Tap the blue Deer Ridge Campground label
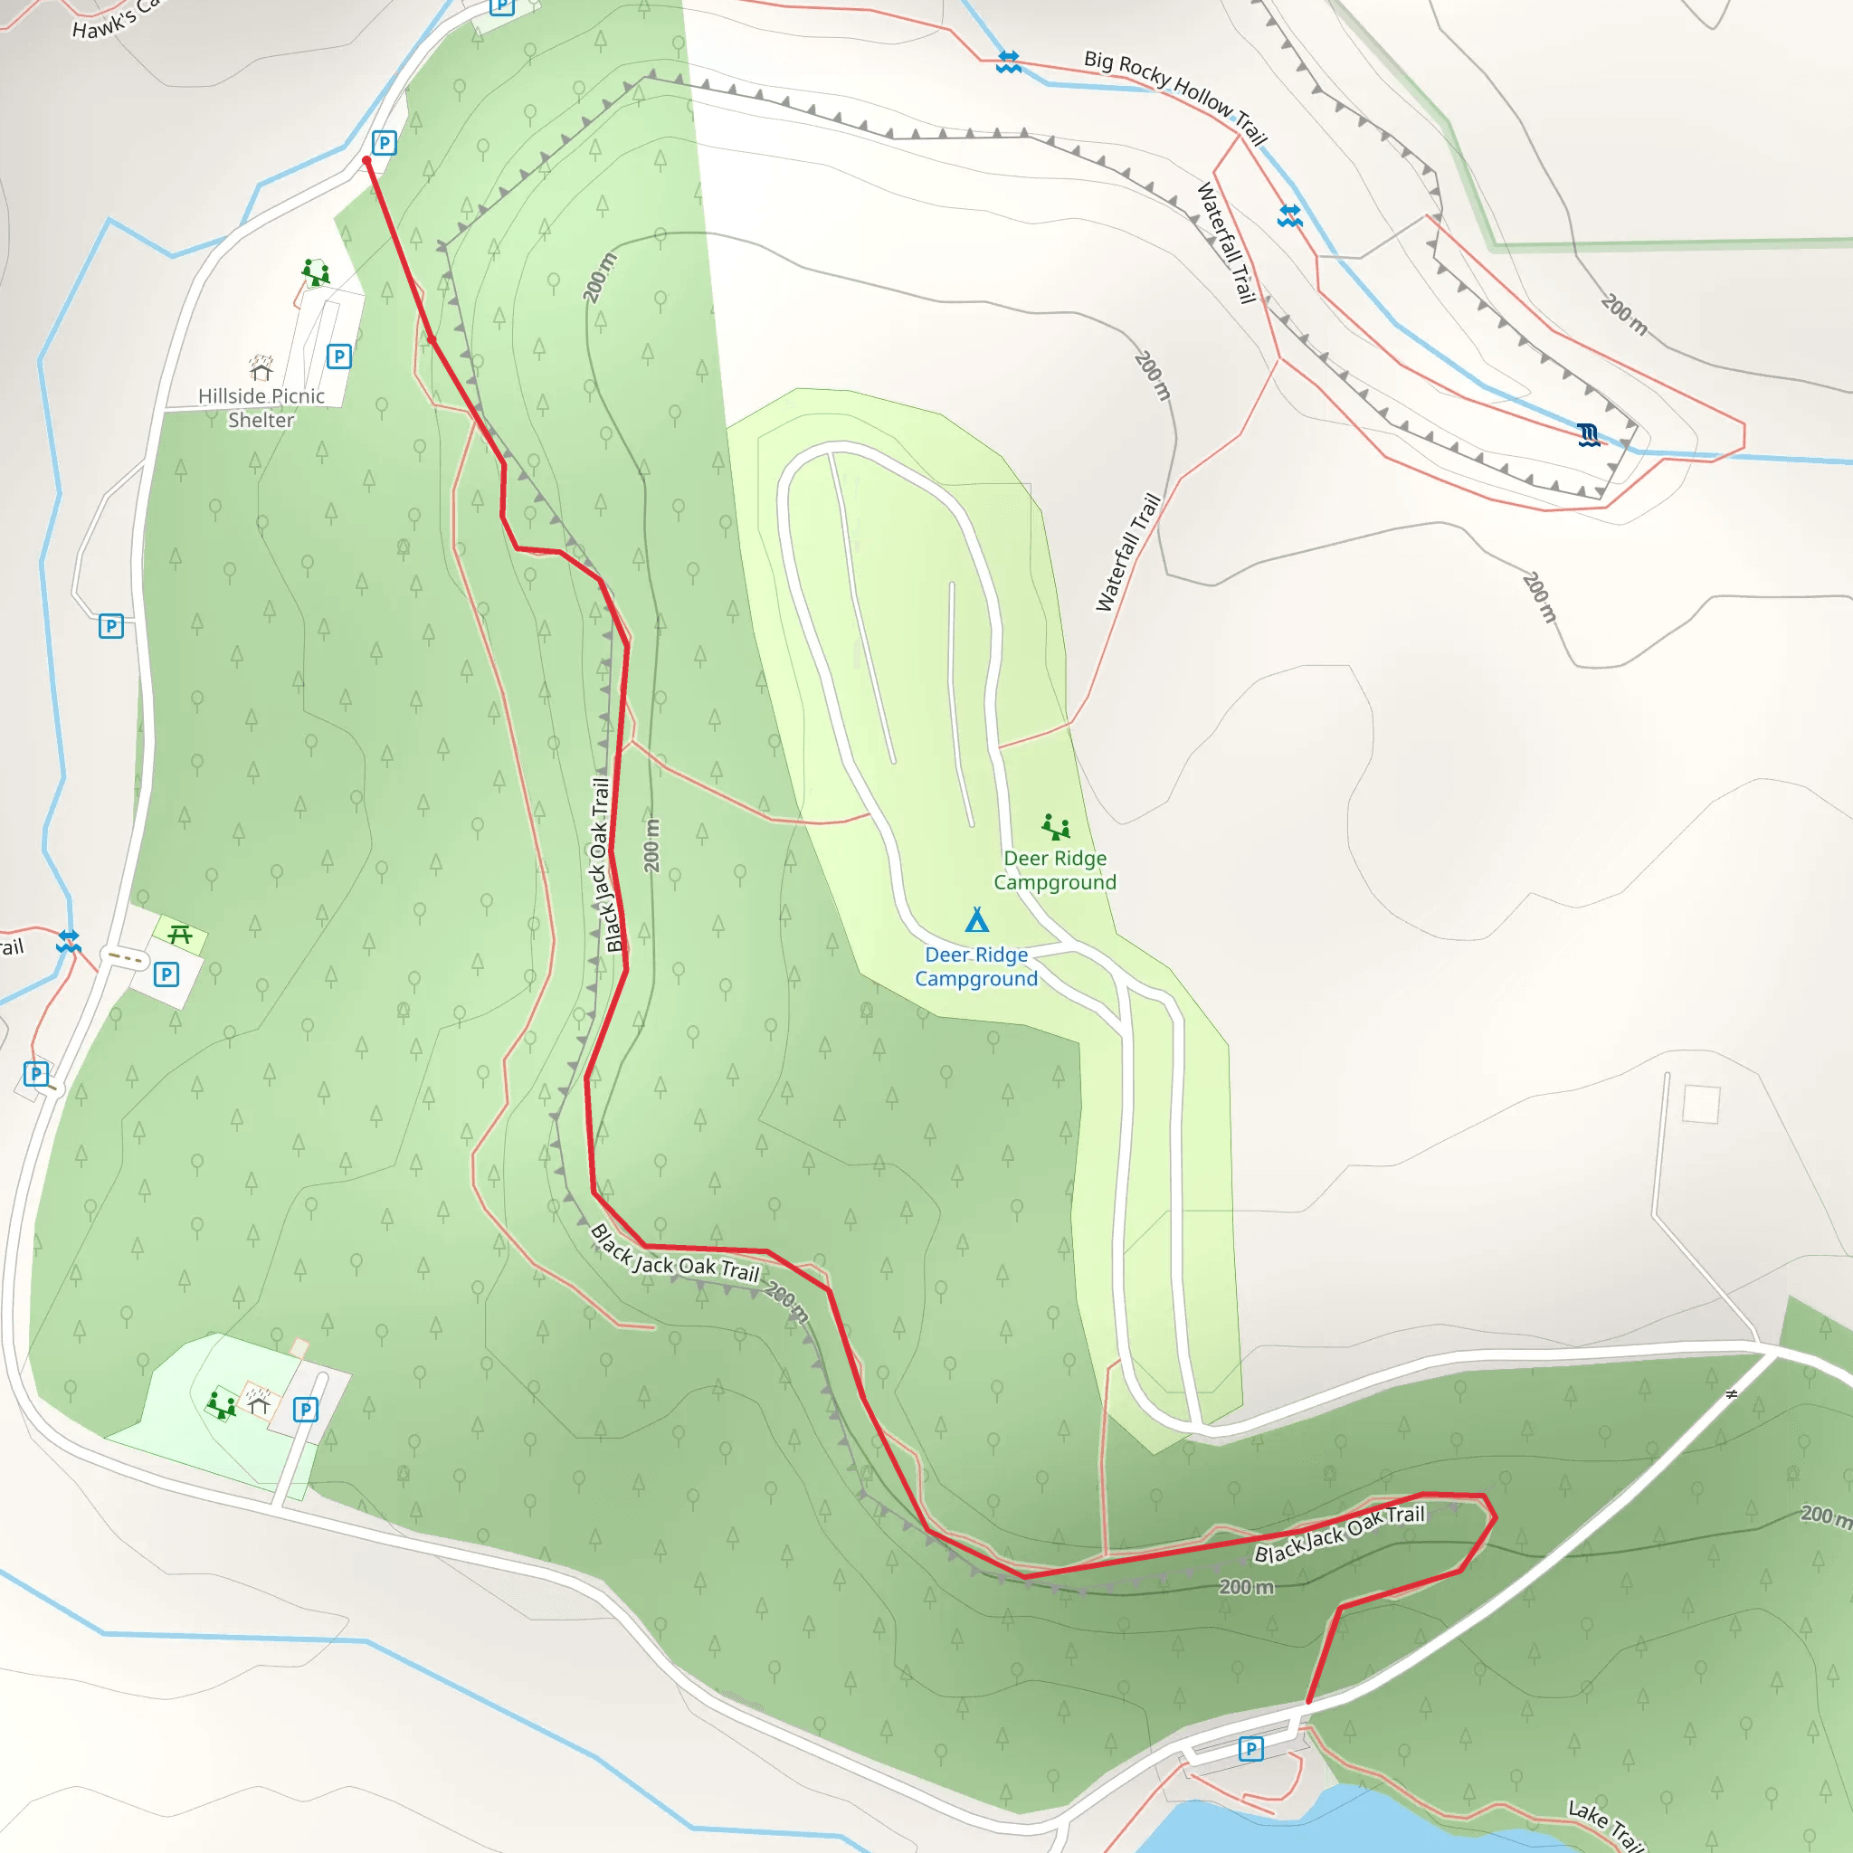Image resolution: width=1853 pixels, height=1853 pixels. click(976, 965)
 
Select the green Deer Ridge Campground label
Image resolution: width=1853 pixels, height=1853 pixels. click(1055, 869)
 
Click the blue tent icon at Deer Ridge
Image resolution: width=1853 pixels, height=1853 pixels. click(976, 920)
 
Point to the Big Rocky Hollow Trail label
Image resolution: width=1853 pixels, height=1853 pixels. click(1176, 97)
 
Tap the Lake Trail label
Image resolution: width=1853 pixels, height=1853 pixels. click(1604, 1823)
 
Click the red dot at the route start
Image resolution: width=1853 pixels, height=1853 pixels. click(366, 161)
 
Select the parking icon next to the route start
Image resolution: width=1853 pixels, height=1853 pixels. click(384, 143)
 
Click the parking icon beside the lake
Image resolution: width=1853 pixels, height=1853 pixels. click(1250, 1748)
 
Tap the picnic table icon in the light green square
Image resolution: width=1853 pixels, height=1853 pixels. click(179, 933)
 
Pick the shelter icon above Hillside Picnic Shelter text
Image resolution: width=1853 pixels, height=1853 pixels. click(261, 368)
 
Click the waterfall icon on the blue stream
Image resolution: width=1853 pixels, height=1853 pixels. click(1588, 435)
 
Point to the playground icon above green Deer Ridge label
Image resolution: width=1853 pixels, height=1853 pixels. click(1055, 826)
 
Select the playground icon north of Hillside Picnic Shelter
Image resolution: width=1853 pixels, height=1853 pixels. click(316, 271)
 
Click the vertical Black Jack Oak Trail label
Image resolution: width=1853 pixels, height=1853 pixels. click(606, 863)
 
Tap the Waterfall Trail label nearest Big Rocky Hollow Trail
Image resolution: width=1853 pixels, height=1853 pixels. click(1227, 242)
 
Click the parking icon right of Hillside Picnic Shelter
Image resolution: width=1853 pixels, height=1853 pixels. click(338, 356)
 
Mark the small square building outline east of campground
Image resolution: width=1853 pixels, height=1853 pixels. click(1700, 1103)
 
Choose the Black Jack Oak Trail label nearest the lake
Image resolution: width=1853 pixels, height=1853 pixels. click(1339, 1534)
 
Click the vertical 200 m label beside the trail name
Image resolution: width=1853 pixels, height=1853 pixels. click(652, 845)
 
